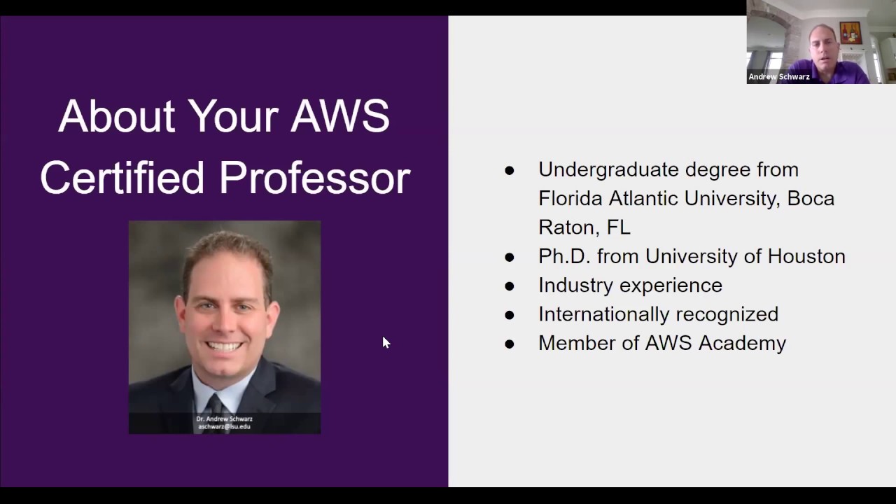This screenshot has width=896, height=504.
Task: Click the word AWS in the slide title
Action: click(x=340, y=116)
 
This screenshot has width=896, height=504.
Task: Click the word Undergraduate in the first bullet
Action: click(x=608, y=170)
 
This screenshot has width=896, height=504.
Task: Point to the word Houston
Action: click(x=806, y=256)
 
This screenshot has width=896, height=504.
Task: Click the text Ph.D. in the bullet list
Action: click(x=565, y=256)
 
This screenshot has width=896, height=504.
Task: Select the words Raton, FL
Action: click(x=584, y=227)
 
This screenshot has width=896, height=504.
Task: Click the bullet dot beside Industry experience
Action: click(x=510, y=286)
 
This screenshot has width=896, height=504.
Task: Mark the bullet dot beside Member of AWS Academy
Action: click(x=510, y=344)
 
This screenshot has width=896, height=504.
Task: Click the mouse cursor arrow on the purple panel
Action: click(x=385, y=342)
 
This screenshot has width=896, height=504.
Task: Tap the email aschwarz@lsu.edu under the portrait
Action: click(x=224, y=426)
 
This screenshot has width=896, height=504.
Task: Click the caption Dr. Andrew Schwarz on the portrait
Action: click(x=224, y=419)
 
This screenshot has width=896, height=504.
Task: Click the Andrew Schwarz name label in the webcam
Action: click(x=779, y=77)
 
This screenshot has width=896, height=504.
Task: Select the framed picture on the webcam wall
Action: click(x=850, y=33)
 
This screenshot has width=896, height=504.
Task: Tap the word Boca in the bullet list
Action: click(x=811, y=199)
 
